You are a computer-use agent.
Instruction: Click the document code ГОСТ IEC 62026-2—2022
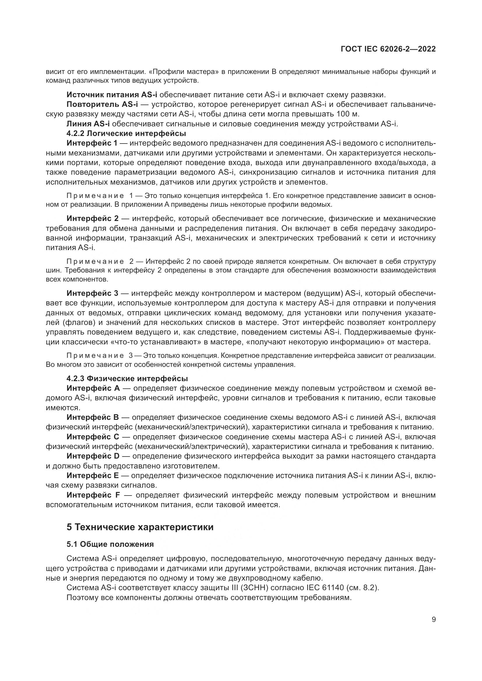[x=388, y=49]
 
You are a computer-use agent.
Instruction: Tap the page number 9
[x=434, y=619]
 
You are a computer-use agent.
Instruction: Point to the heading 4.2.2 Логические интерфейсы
[x=126, y=133]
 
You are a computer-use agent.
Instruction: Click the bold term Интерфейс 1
[x=92, y=143]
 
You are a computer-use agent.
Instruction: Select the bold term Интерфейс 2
[x=92, y=219]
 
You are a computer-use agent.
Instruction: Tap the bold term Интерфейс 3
[x=92, y=293]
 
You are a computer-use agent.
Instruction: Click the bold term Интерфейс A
[x=93, y=388]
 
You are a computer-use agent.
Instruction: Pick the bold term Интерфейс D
[x=93, y=456]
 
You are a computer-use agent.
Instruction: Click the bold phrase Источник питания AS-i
[x=112, y=95]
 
